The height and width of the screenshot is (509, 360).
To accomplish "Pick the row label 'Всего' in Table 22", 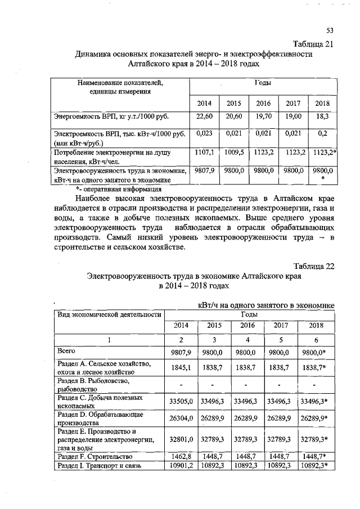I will (x=66, y=351).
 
